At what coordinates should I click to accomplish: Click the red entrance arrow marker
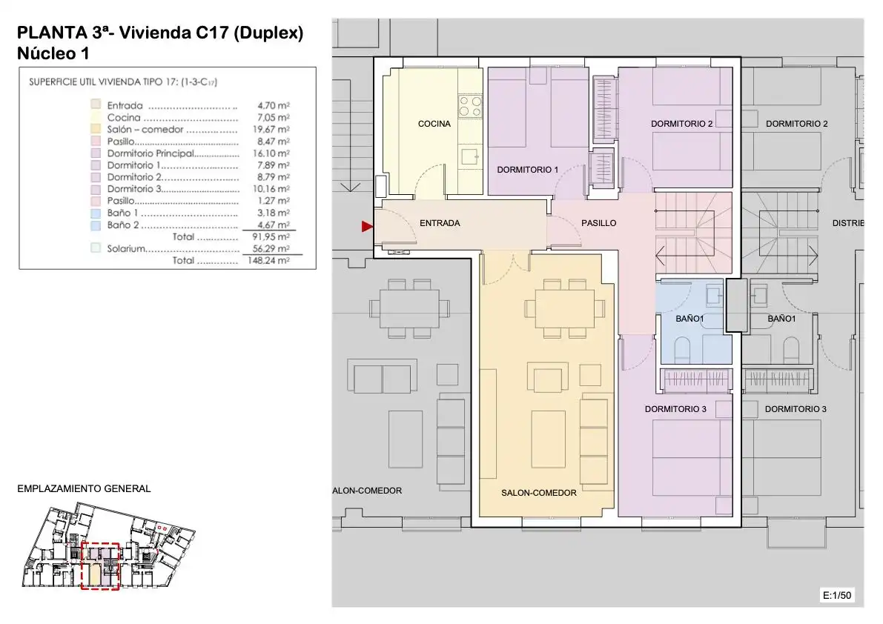tap(367, 226)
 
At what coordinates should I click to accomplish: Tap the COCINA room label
tap(434, 124)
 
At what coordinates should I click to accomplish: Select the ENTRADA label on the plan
tap(440, 223)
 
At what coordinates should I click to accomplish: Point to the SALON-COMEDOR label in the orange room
tap(539, 493)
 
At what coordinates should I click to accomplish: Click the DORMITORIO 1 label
tap(528, 170)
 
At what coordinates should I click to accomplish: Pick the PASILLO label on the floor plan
tap(598, 223)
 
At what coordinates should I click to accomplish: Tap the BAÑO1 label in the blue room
tap(689, 319)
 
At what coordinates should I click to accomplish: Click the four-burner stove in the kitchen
tap(470, 106)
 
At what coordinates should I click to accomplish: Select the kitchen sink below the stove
tap(470, 156)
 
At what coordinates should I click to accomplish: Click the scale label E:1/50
tap(837, 595)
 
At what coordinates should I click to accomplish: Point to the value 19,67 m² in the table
tap(271, 130)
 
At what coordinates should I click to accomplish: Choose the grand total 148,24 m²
tap(268, 261)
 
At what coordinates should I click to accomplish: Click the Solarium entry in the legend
tap(126, 249)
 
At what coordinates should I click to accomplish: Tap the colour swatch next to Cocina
tap(96, 117)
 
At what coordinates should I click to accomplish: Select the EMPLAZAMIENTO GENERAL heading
tap(84, 489)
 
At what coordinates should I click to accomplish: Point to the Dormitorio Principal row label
tap(151, 153)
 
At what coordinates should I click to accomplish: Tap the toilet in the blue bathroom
tap(682, 349)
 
